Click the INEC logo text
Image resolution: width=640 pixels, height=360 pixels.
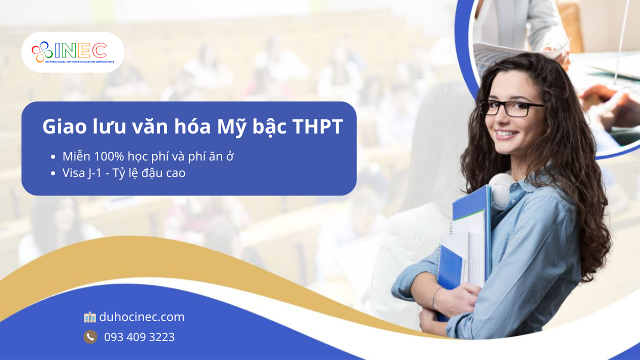coord(80,50)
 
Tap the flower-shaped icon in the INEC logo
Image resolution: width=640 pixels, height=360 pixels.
coord(42,52)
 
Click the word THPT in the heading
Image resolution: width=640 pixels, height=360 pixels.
coord(317,126)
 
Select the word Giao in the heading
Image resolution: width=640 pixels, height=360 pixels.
coord(64,126)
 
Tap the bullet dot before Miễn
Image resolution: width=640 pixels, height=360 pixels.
coord(52,157)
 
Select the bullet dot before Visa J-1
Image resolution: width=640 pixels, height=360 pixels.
coord(52,173)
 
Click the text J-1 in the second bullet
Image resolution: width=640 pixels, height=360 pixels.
coord(95,173)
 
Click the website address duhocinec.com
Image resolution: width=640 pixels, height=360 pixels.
coord(142,317)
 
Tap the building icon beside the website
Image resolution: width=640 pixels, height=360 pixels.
coord(90,317)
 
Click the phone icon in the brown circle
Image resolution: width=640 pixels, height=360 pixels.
coord(90,337)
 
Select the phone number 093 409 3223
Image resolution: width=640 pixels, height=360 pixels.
coord(139,337)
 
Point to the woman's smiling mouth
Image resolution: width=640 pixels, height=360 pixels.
coord(506,134)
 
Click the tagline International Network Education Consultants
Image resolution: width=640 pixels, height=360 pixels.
coord(79,61)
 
